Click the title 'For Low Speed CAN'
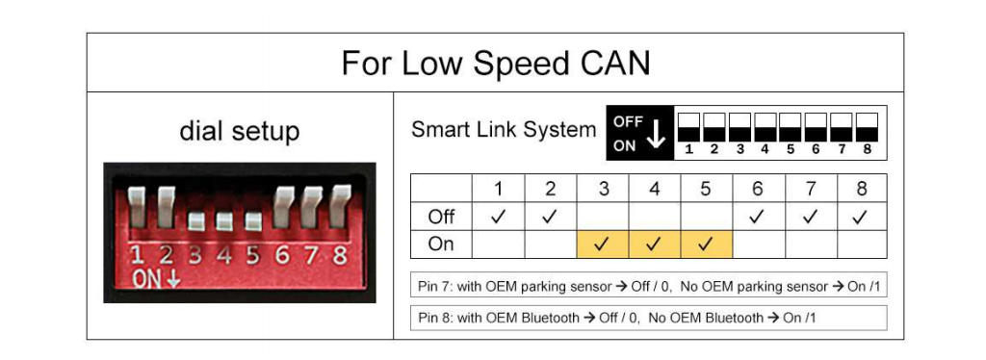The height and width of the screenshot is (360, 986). pyautogui.click(x=496, y=63)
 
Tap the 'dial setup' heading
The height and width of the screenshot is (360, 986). pyautogui.click(x=240, y=132)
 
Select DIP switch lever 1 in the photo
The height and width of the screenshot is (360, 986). pyautogui.click(x=137, y=207)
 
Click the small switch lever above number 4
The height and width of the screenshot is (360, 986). pyautogui.click(x=223, y=221)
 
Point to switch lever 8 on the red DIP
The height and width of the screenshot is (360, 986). pyautogui.click(x=340, y=205)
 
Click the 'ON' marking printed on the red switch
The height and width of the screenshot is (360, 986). pyautogui.click(x=147, y=279)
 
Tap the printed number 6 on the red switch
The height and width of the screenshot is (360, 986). pyautogui.click(x=282, y=254)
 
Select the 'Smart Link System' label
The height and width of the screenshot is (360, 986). pyautogui.click(x=503, y=129)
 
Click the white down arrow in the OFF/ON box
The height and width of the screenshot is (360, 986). pyautogui.click(x=656, y=133)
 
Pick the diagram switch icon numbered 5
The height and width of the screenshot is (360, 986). pyautogui.click(x=790, y=127)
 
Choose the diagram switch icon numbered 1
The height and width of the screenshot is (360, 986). pyautogui.click(x=688, y=127)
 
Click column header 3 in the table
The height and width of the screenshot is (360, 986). pyautogui.click(x=603, y=189)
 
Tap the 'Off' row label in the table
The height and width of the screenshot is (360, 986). pyautogui.click(x=441, y=217)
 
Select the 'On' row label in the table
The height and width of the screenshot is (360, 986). pyautogui.click(x=440, y=244)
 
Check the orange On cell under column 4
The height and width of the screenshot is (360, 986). pyautogui.click(x=655, y=244)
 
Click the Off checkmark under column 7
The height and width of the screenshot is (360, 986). pyautogui.click(x=811, y=217)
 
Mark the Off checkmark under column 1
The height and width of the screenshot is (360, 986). pyautogui.click(x=498, y=217)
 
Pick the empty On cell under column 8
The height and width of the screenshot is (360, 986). pyautogui.click(x=862, y=244)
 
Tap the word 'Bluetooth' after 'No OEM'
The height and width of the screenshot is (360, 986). pyautogui.click(x=738, y=318)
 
